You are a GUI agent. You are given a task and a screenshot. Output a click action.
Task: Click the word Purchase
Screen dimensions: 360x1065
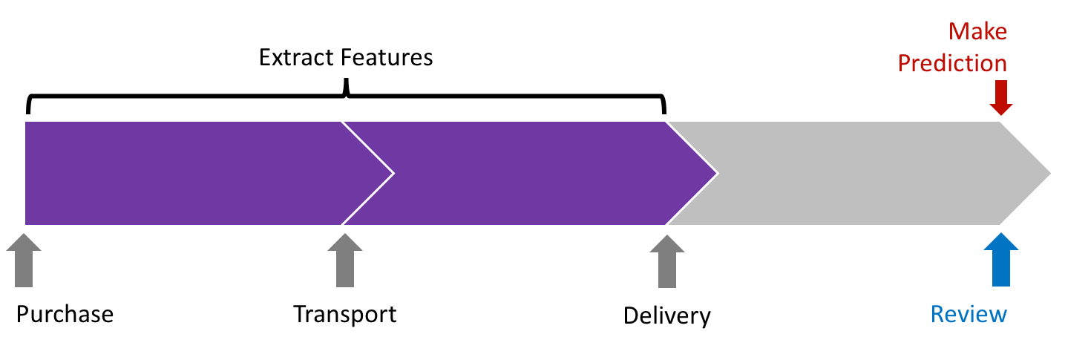(x=65, y=314)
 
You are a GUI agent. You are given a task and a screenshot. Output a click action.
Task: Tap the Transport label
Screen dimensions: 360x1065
(x=344, y=314)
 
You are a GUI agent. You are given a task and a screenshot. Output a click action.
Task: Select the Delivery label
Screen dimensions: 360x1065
(x=666, y=315)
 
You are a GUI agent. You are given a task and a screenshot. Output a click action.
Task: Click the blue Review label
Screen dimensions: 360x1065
(x=969, y=314)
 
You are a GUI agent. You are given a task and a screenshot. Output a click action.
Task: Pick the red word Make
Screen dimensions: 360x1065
(x=977, y=32)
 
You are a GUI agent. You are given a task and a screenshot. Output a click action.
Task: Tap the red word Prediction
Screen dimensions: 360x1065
(x=952, y=63)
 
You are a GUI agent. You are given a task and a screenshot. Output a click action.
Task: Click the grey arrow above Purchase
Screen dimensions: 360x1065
(x=24, y=261)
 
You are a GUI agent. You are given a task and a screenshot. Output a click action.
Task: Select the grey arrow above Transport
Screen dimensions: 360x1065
(x=345, y=261)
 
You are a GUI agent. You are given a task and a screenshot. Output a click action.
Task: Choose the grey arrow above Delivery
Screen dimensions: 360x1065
(x=667, y=261)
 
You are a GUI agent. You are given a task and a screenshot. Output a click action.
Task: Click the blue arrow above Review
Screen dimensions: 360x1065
(x=1001, y=261)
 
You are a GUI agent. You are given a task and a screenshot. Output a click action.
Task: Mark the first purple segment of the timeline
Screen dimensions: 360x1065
(x=182, y=173)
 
